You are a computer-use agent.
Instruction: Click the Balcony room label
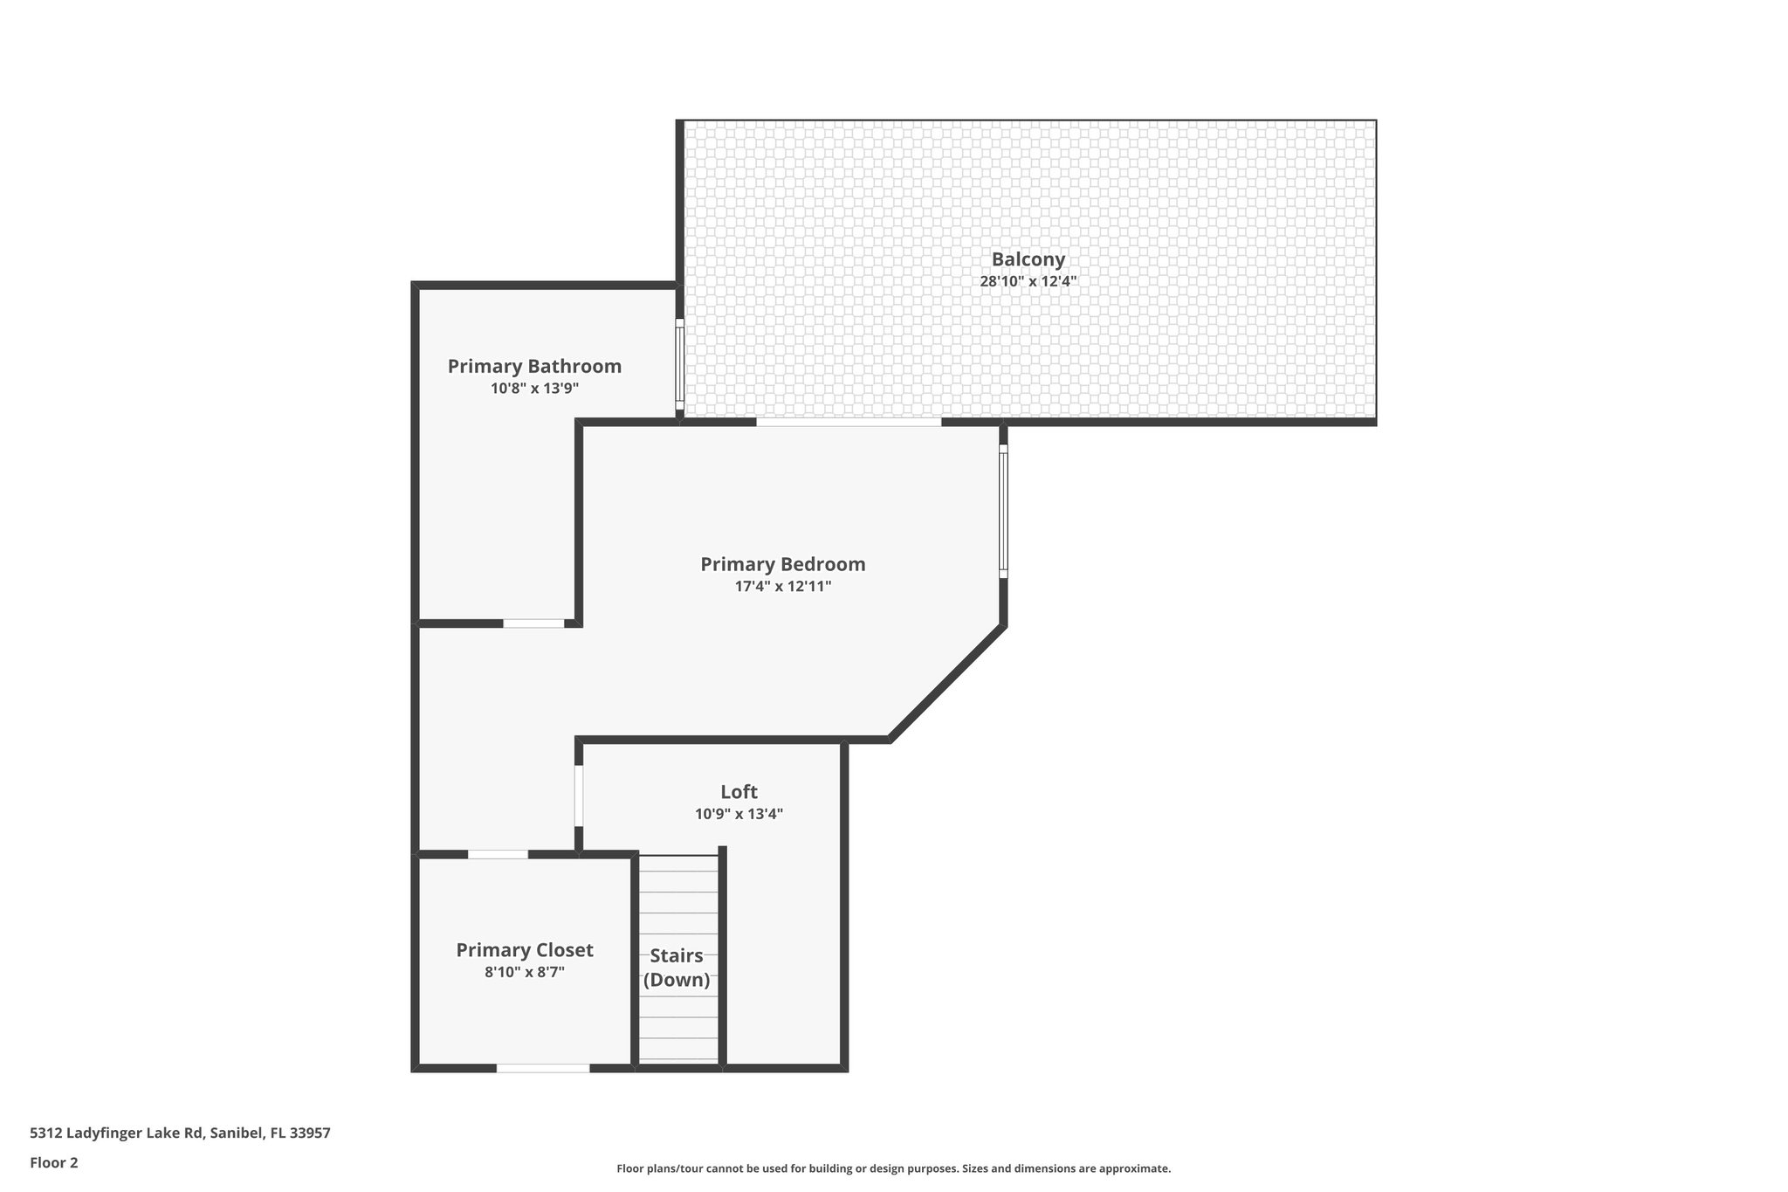(1028, 259)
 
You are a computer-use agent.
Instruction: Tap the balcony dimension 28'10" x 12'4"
(1028, 281)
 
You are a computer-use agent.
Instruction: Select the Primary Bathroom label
(534, 366)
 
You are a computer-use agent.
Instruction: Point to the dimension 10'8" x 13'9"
(534, 389)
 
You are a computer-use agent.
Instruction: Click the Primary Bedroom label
(782, 564)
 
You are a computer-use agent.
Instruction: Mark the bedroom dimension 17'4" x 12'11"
(782, 587)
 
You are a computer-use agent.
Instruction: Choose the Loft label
(739, 792)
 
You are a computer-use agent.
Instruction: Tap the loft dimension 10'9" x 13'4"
(739, 814)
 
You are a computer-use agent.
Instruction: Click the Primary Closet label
(524, 950)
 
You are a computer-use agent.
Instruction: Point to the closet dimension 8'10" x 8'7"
(524, 972)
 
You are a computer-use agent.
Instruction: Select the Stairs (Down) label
(677, 968)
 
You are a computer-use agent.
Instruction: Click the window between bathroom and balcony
(680, 363)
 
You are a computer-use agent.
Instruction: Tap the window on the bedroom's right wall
(1003, 511)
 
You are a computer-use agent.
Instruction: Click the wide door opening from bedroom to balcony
(849, 422)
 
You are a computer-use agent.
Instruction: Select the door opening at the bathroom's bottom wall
(533, 624)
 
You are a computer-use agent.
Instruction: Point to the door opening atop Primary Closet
(498, 854)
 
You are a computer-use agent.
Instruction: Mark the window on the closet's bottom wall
(543, 1067)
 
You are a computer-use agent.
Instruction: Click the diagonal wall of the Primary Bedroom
(946, 682)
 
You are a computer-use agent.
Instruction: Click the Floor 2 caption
(54, 1162)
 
